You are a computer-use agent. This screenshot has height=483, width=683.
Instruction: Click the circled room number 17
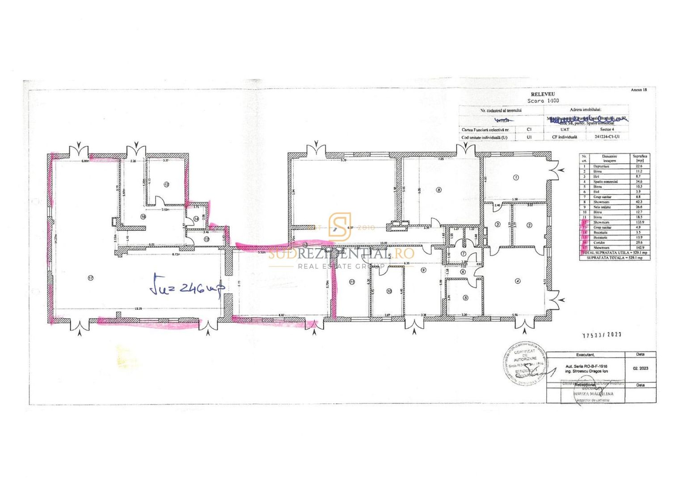click(91, 278)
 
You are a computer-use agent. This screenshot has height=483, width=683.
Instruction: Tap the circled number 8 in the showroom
click(438, 190)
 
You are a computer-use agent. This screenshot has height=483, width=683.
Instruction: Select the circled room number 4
click(518, 281)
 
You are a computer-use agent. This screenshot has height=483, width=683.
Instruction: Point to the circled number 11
click(352, 282)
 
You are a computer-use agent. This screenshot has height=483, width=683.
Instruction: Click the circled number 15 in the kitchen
click(166, 184)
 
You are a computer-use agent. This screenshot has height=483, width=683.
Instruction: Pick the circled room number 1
click(516, 178)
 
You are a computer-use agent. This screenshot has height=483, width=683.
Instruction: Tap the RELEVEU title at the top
click(543, 94)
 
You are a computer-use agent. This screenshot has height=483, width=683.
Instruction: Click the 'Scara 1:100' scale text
click(543, 101)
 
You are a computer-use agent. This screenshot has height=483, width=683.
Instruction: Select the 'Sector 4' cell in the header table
click(607, 129)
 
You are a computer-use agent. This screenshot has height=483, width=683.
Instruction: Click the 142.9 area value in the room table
click(639, 247)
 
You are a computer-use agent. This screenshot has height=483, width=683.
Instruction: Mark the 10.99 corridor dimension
click(384, 243)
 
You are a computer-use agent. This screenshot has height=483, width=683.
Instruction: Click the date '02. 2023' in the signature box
click(640, 369)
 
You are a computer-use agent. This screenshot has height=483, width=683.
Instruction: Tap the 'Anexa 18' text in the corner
click(638, 90)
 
